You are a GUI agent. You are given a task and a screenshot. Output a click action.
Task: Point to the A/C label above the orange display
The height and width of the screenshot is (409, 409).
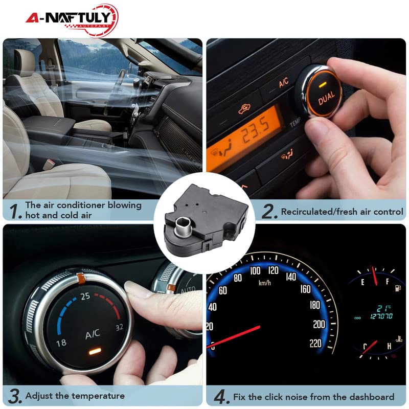(284, 82)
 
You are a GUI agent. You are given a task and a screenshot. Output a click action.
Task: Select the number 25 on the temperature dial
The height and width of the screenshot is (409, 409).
(85, 296)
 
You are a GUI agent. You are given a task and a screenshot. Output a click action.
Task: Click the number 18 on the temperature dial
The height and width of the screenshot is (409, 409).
(61, 343)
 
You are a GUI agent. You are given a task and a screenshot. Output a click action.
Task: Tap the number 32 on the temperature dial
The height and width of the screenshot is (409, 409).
(119, 327)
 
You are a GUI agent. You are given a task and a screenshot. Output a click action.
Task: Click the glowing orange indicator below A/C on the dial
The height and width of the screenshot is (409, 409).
(95, 352)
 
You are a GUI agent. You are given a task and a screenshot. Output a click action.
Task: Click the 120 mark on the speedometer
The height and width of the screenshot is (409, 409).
(274, 270)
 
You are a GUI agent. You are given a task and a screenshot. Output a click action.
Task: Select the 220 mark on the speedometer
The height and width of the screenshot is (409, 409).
(315, 343)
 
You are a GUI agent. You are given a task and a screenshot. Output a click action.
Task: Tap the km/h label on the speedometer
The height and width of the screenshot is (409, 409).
(264, 283)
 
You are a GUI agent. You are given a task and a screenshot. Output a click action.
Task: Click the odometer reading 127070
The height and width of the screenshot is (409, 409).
(381, 316)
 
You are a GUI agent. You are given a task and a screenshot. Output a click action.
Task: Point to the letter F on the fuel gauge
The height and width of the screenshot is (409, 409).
(388, 282)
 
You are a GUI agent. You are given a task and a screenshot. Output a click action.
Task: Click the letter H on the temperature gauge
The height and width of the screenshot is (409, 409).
(389, 346)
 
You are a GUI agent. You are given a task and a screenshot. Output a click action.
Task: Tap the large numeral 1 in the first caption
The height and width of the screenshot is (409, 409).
(15, 211)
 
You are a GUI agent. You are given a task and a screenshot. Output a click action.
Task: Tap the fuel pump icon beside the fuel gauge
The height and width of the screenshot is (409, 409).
(398, 288)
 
